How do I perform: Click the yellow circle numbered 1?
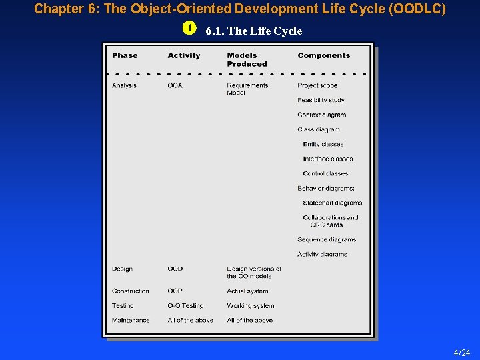190,29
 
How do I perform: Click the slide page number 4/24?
461,353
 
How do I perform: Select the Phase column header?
125,55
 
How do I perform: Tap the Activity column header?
184,55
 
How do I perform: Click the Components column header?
323,55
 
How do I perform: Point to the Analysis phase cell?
124,85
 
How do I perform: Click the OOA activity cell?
175,85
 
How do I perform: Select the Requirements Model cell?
247,89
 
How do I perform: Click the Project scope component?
317,85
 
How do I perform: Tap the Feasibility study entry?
321,100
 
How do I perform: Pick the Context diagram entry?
321,115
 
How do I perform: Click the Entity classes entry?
323,144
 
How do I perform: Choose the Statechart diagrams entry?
332,203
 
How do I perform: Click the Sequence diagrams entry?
327,239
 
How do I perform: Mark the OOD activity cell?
175,269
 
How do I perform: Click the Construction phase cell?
131,291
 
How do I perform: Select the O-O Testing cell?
185,305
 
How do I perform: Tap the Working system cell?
250,305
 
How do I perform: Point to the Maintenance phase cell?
131,320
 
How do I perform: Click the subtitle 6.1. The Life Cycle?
254,31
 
